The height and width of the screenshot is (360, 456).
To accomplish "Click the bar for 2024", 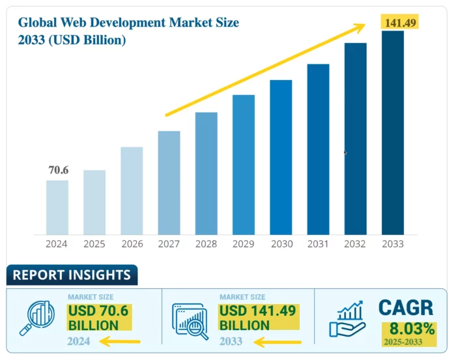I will (57, 207).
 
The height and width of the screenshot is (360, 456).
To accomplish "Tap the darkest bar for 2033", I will (392, 133).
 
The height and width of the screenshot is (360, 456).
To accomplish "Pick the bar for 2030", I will (281, 157).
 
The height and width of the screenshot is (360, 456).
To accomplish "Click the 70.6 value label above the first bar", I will (58, 170).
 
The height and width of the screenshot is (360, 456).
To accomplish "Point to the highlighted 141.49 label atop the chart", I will (399, 23).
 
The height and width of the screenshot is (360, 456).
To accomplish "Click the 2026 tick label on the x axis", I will (132, 245).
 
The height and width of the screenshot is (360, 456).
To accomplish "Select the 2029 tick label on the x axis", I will (244, 245).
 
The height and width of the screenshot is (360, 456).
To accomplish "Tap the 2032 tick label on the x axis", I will (356, 245).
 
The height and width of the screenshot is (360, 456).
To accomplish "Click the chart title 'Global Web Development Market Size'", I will (128, 23).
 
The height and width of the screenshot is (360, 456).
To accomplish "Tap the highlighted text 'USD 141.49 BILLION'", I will (257, 317).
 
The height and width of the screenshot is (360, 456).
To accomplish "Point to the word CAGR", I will (406, 307).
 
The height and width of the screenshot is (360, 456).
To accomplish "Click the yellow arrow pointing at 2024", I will (119, 341).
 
